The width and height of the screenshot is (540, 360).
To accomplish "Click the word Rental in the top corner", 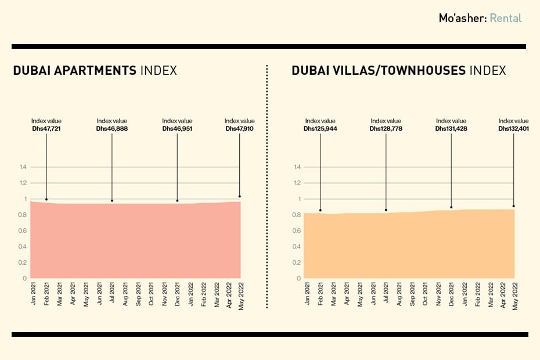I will point(505,18).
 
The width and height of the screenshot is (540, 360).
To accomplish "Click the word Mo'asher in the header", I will point(462,18).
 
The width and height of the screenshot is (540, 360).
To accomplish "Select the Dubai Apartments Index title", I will point(95,71).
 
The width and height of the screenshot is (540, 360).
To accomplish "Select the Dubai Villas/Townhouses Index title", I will point(398,71).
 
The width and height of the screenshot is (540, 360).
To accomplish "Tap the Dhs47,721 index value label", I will point(46,128).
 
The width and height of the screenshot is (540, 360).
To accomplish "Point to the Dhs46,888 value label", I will point(111,128).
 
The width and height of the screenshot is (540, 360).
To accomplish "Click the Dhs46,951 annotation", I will point(177,128).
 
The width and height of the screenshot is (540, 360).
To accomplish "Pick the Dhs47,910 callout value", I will point(239,128).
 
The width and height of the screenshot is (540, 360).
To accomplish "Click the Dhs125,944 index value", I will point(320,128).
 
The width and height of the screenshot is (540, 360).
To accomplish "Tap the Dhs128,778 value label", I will point(386,128).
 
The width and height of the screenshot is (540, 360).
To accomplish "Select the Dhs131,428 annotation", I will point(451,128).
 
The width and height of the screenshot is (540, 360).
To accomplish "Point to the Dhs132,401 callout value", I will point(513,128).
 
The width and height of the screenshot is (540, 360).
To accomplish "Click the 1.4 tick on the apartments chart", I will point(23,167).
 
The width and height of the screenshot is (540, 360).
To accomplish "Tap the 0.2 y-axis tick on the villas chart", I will point(297,262).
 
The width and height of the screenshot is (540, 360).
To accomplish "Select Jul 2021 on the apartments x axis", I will point(111,295).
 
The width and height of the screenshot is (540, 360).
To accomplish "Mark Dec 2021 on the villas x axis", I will point(451,295).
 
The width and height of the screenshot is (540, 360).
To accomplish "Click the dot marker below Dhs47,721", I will point(46,200).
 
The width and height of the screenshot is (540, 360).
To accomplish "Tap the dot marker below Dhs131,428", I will point(451,207).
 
